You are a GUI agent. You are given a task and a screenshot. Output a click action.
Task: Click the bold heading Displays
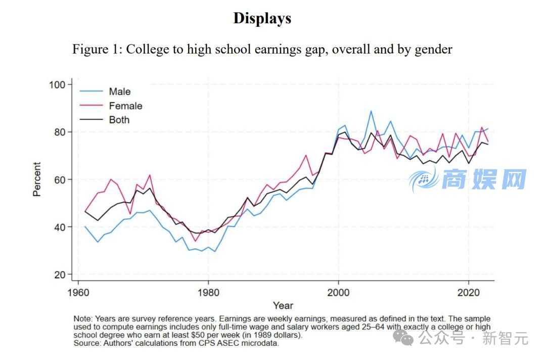point(262,18)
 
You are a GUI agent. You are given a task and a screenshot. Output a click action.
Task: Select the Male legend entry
point(119,92)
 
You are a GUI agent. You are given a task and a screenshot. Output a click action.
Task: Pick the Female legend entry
point(125,106)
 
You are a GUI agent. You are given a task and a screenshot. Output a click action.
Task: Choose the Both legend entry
point(119,120)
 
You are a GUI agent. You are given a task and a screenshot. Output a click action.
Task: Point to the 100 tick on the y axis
point(57,84)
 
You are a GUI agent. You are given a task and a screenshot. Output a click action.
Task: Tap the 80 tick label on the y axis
point(60,132)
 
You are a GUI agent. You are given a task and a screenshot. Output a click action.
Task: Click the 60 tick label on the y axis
point(60,179)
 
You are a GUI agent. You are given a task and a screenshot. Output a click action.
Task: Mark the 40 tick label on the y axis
point(60,227)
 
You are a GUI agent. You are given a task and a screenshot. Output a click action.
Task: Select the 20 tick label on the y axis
point(60,275)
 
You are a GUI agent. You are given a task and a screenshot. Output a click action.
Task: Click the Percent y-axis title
point(37,179)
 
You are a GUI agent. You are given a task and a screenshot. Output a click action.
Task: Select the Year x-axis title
point(283,305)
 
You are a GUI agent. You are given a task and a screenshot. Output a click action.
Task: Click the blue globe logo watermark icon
point(423,178)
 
